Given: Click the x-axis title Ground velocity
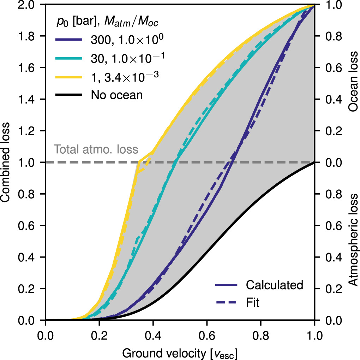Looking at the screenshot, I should (180, 353).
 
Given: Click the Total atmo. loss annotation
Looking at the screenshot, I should (96, 149).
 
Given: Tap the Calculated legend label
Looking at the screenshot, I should (275, 285).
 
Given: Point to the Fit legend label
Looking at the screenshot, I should (253, 302).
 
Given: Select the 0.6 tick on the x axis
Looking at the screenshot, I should (207, 333).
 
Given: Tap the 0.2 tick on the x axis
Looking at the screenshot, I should (99, 333).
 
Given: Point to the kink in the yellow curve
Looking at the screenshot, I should (139, 162).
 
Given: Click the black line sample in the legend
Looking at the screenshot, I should (68, 95).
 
